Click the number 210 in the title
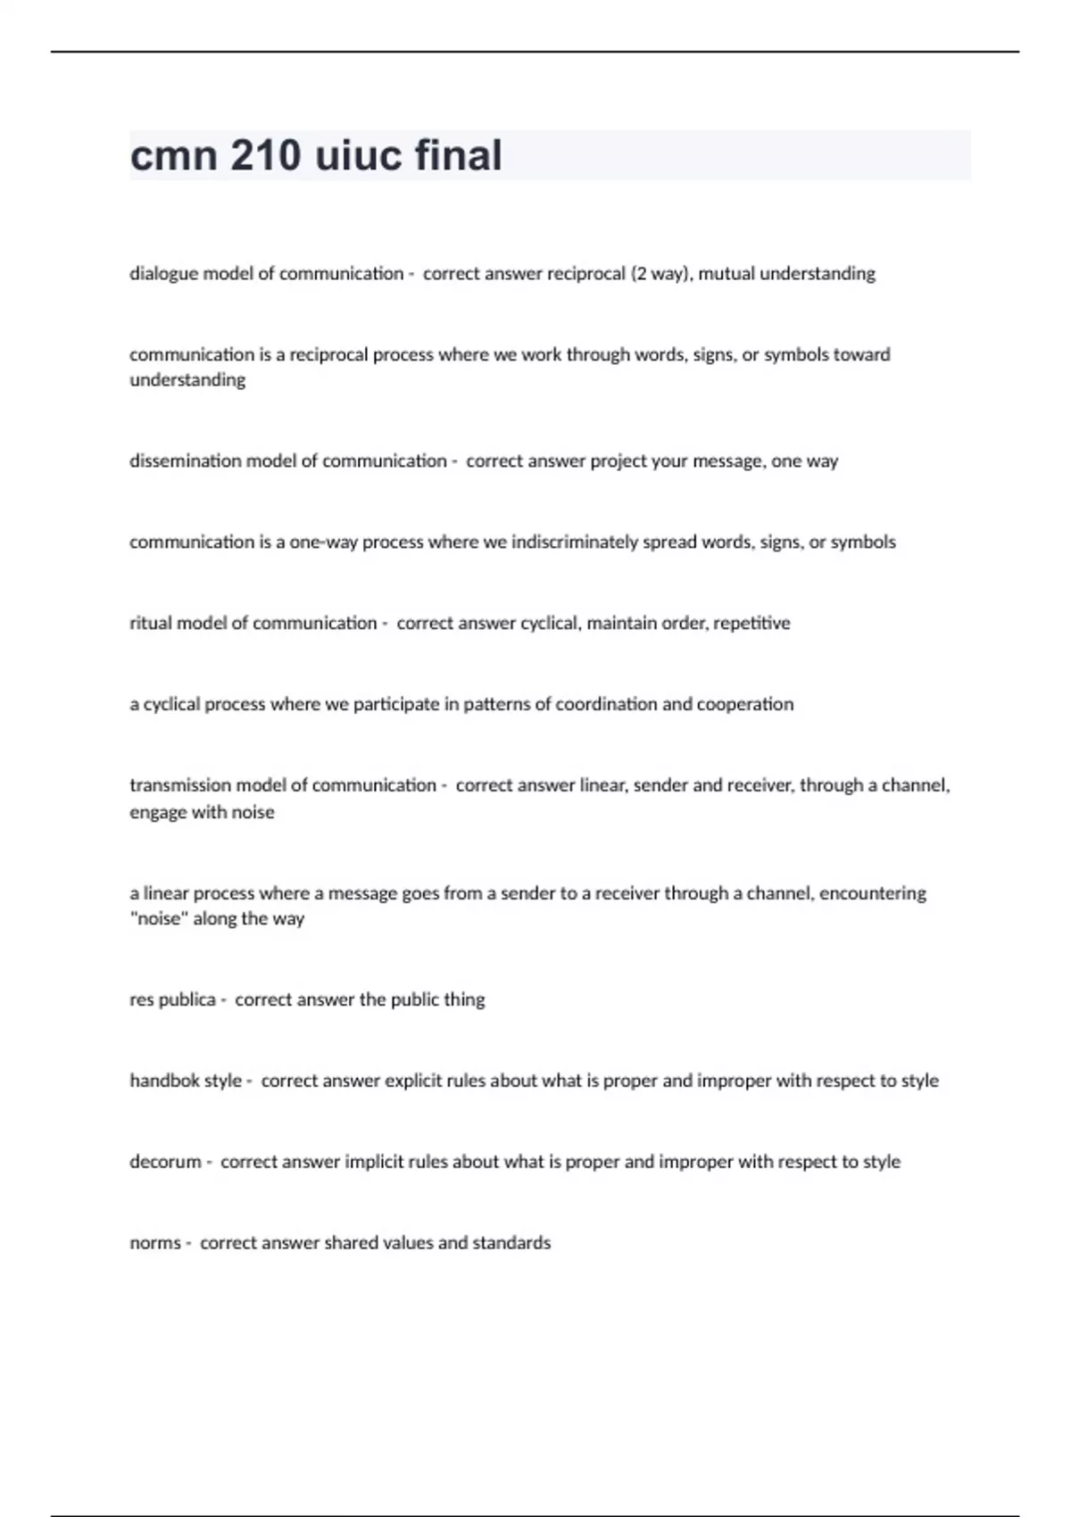pyautogui.click(x=265, y=156)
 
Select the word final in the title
pyautogui.click(x=458, y=156)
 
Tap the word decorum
pyautogui.click(x=165, y=1162)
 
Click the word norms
pyautogui.click(x=155, y=1243)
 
